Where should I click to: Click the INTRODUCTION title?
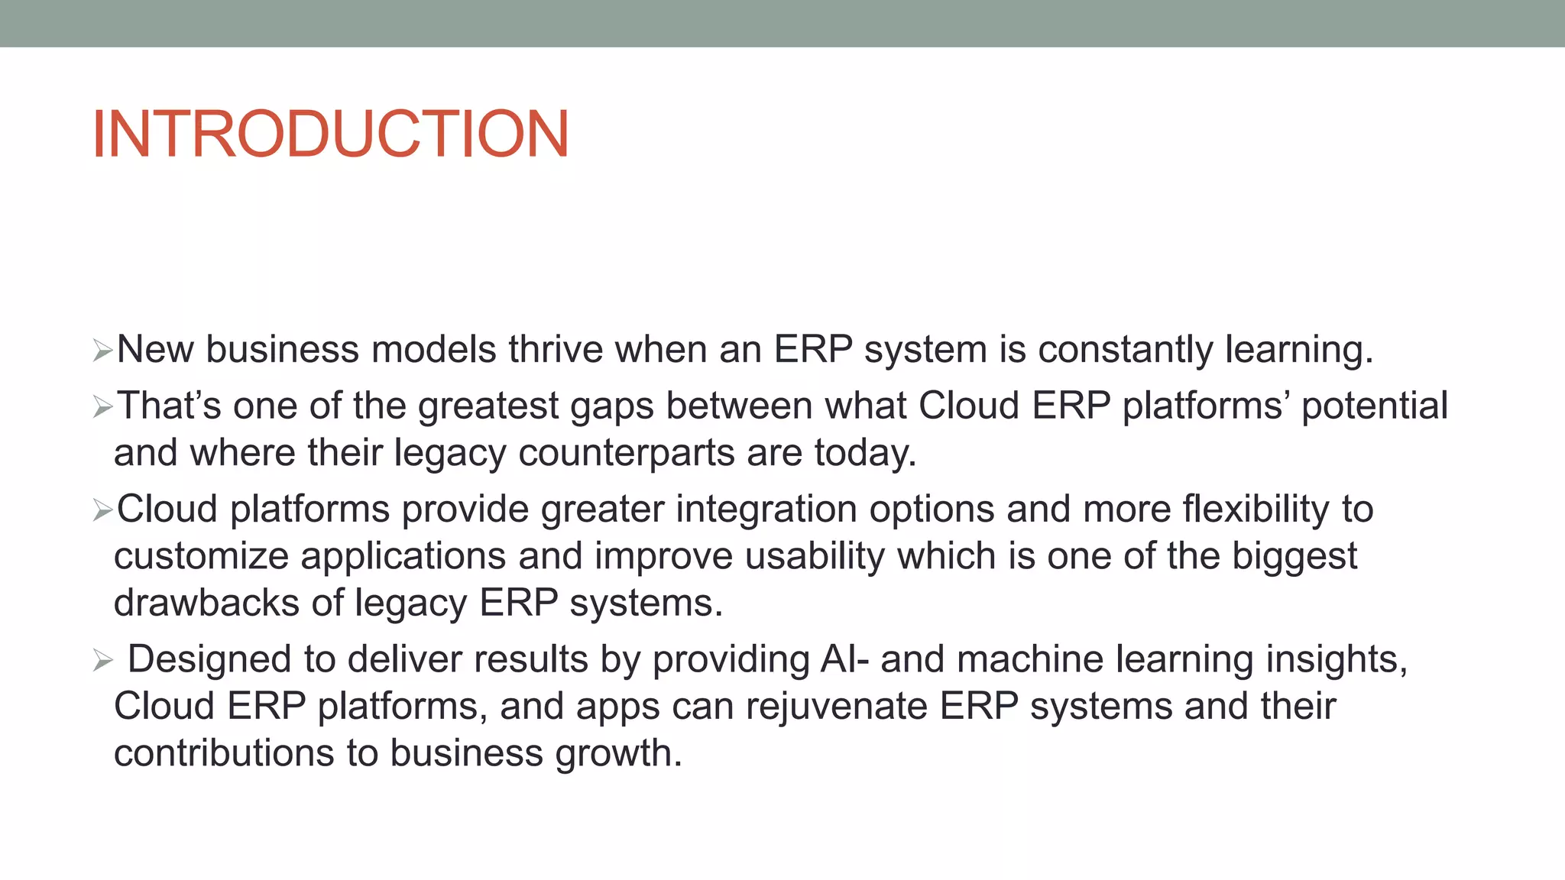[330, 134]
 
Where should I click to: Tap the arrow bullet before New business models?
[102, 351]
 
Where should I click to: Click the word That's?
[169, 406]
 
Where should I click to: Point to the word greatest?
[488, 406]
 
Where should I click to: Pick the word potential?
[1374, 406]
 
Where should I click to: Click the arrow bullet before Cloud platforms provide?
[102, 510]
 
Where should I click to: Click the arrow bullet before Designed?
[102, 660]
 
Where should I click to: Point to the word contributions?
[224, 753]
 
